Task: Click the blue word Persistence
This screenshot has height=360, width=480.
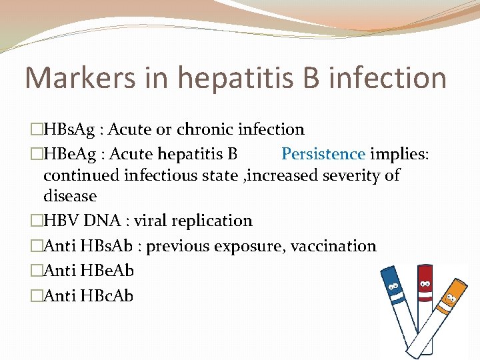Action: coord(323,154)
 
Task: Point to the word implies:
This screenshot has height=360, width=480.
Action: coord(400,154)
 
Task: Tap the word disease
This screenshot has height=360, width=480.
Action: coord(70,196)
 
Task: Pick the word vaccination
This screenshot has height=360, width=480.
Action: coord(334,246)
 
